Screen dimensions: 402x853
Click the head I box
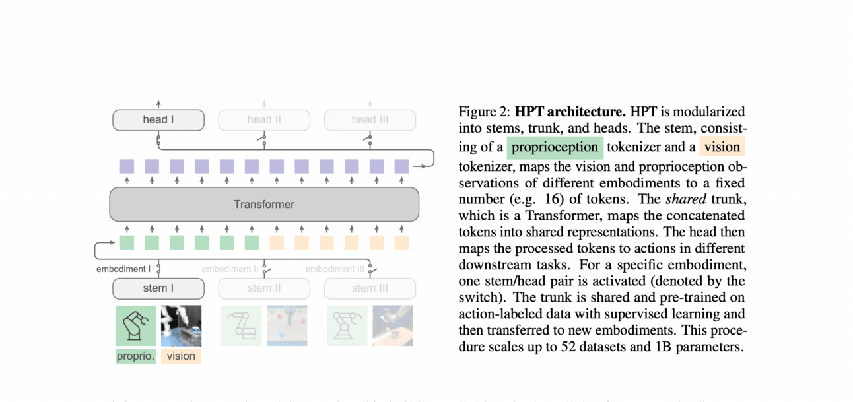click(x=158, y=120)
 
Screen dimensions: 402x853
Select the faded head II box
click(x=264, y=120)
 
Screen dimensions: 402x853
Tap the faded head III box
click(x=370, y=120)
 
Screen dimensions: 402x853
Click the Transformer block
click(x=264, y=204)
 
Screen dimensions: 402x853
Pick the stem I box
click(x=158, y=288)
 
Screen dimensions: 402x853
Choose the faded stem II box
click(x=264, y=288)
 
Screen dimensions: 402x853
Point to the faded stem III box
click(x=370, y=288)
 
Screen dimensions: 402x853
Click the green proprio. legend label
click(x=135, y=356)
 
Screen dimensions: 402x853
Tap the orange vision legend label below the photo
click(x=181, y=356)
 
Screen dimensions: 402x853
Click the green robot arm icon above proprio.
click(x=135, y=325)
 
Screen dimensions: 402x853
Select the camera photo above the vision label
click(x=181, y=325)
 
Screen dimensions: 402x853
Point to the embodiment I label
click(x=123, y=269)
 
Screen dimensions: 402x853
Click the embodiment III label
click(x=335, y=269)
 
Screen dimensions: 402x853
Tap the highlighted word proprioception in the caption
click(x=555, y=147)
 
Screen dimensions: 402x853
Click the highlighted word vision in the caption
click(x=722, y=147)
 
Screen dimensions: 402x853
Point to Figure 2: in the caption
click(x=485, y=112)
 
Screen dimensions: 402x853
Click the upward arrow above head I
click(x=158, y=104)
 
